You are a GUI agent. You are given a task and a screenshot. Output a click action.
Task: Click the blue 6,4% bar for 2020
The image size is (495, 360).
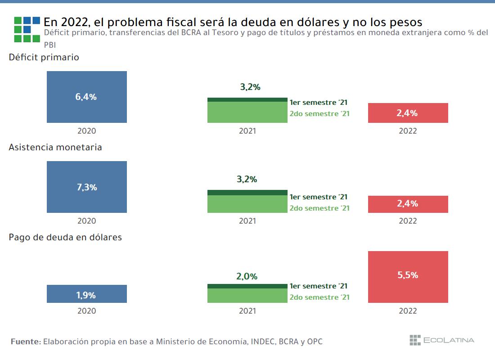point(87,97)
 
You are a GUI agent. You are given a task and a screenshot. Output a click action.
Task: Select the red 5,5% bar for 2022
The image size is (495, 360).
point(408,277)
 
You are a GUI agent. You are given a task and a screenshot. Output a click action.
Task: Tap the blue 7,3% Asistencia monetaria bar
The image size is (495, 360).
point(87,187)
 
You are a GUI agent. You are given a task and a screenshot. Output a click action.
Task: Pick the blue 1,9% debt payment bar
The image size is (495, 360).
point(87,294)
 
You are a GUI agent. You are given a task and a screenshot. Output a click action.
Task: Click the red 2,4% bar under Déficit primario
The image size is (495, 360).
point(408,113)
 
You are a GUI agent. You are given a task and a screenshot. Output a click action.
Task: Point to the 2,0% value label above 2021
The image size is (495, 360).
point(247,276)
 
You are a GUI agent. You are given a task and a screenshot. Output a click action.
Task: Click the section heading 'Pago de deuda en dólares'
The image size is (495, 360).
point(65,237)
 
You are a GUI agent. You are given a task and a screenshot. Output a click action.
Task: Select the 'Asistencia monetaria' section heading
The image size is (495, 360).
point(55,147)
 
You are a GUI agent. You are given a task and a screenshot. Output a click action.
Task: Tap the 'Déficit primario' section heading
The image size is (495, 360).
point(44,57)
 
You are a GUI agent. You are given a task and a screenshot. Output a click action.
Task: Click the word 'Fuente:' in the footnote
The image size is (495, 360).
point(25,342)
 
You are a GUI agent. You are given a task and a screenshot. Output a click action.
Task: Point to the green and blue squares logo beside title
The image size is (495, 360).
point(27,29)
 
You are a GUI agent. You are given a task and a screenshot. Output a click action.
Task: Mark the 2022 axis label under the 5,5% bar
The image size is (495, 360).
point(408,311)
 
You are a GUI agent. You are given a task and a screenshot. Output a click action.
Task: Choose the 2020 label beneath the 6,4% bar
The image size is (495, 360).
point(87,131)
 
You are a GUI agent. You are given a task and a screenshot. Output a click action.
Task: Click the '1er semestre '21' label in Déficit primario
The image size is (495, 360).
point(319,103)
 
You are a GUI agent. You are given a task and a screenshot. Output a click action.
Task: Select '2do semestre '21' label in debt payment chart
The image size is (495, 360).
point(319,297)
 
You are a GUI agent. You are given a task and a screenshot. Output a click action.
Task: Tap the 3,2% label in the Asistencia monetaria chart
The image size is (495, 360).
point(247,179)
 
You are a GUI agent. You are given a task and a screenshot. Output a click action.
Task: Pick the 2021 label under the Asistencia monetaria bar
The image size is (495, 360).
point(247,221)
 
